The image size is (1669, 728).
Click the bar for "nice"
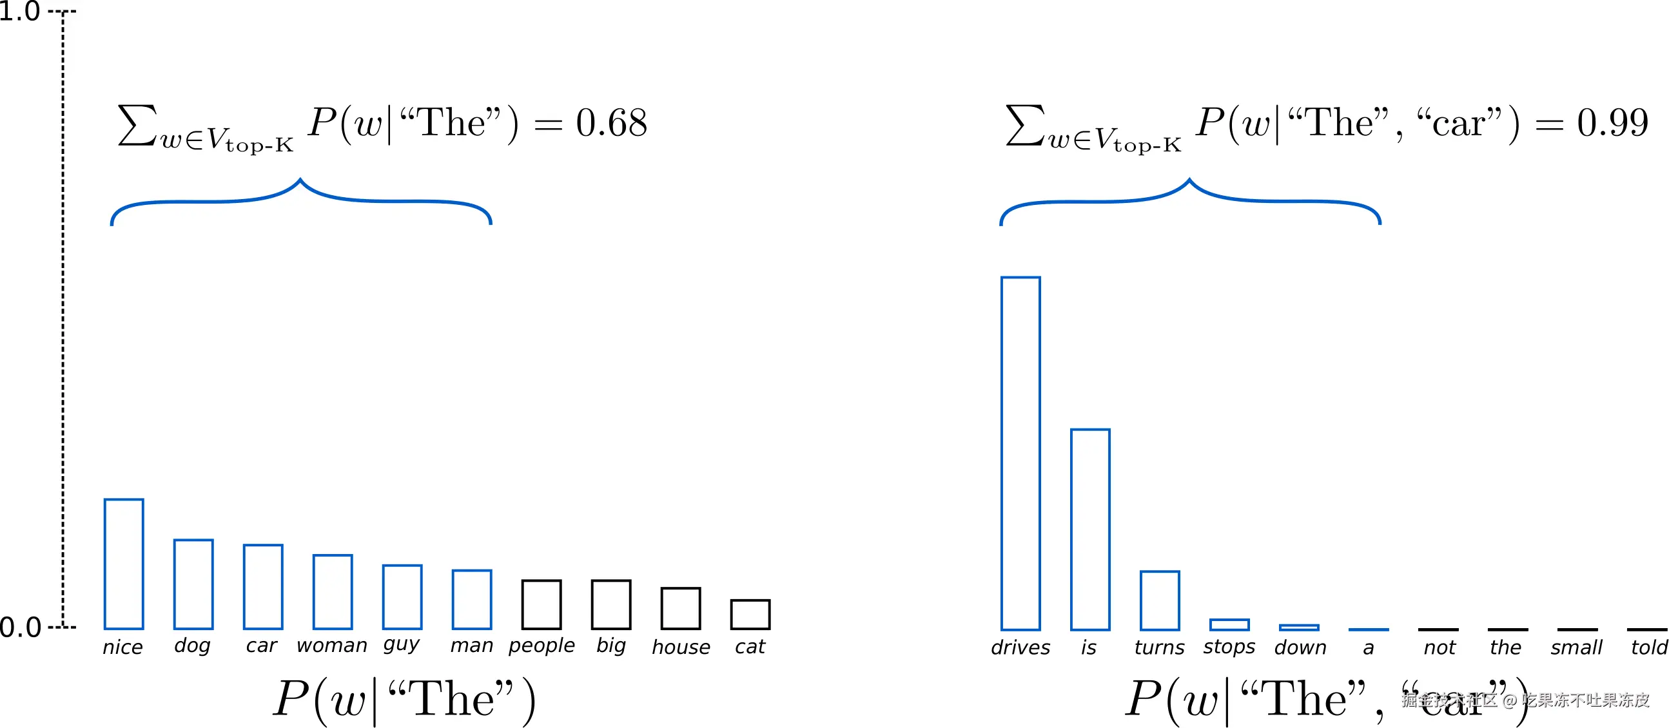tap(124, 564)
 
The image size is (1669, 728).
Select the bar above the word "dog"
tap(193, 584)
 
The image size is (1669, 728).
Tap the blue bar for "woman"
tap(333, 591)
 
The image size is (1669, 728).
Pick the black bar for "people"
tap(542, 604)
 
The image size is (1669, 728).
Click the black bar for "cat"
tap(750, 614)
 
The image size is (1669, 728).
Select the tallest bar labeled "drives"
tap(1020, 454)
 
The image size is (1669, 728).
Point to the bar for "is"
tap(1090, 529)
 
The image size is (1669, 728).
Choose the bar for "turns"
tap(1160, 600)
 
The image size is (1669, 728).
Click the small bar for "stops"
tap(1229, 624)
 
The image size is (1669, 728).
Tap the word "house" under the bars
tap(681, 647)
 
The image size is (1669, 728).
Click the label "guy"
tap(402, 646)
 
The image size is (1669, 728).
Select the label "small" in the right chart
tap(1576, 647)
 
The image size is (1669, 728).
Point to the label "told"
tap(1649, 647)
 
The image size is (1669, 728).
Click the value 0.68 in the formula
tap(611, 122)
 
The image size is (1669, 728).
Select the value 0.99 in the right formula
tap(1612, 122)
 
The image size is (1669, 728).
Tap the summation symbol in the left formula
tap(137, 124)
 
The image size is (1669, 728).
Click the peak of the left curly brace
tap(300, 180)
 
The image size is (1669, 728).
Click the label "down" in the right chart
tap(1300, 647)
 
